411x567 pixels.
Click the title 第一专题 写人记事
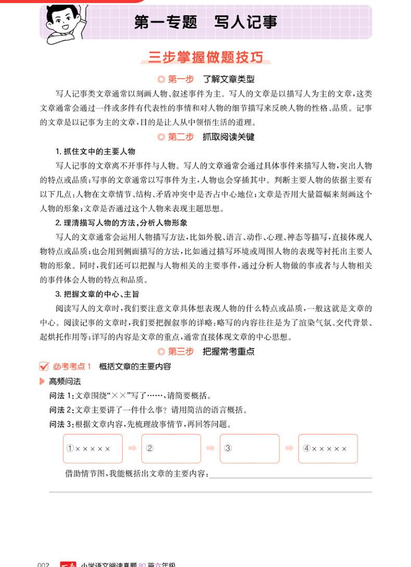coord(205,22)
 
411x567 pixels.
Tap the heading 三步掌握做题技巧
coord(205,57)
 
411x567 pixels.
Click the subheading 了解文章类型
coord(228,79)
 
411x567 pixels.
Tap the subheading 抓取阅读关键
coord(228,137)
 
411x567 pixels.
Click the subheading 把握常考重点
coord(228,352)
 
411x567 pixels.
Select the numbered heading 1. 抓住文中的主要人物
coord(95,151)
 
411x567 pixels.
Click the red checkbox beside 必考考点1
coord(44,367)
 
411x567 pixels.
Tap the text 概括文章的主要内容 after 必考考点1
coord(135,367)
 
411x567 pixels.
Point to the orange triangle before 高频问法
coord(43,382)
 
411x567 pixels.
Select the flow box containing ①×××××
coord(93,448)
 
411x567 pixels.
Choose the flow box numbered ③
coord(250,448)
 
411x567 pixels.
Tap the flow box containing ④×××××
coord(328,448)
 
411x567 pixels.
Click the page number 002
coord(43,564)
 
